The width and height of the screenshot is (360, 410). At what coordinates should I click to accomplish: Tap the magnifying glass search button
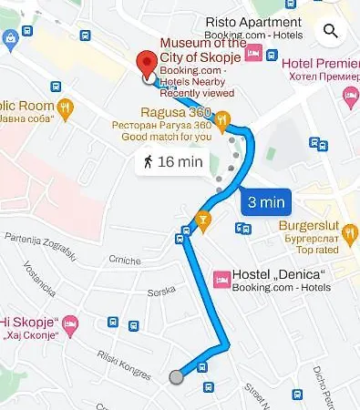coord(329,32)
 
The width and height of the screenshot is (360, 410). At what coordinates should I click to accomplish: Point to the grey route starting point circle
coord(176,376)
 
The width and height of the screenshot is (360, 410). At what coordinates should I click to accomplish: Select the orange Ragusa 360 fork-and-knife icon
coord(222,128)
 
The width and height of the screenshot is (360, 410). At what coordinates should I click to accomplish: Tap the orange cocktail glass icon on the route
coord(202,219)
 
